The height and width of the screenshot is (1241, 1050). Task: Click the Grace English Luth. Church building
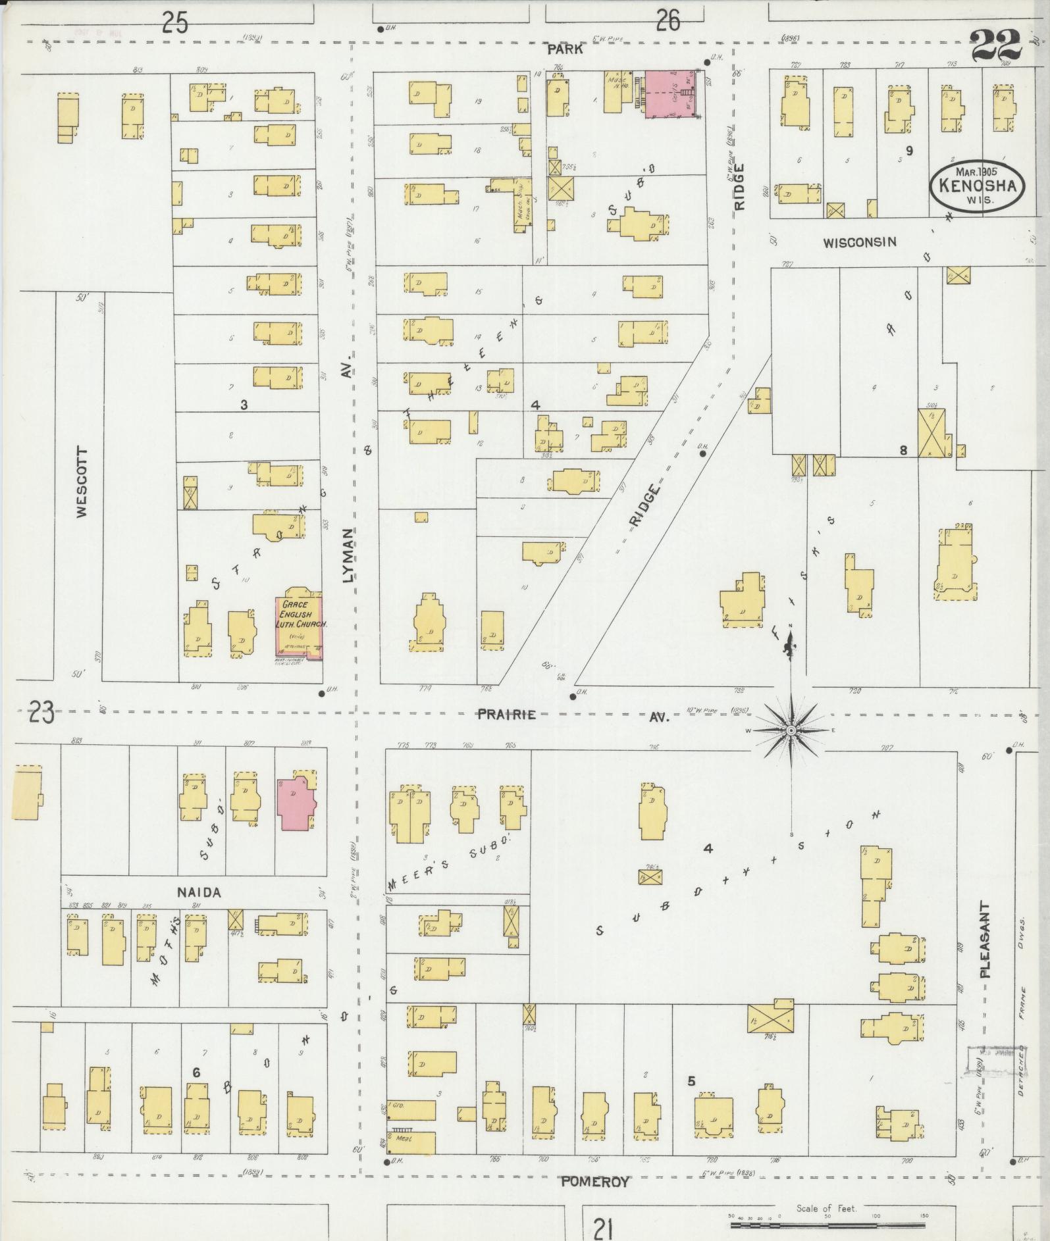coord(298,625)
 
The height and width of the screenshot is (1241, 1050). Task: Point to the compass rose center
coord(791,730)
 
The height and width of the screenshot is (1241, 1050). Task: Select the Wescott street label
coord(82,484)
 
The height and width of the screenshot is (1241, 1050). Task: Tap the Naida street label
coord(198,893)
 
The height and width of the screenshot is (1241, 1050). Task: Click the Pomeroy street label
coord(594,1181)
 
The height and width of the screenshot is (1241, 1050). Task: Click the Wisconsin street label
coord(859,242)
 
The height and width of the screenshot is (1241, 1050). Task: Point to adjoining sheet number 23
coord(41,713)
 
